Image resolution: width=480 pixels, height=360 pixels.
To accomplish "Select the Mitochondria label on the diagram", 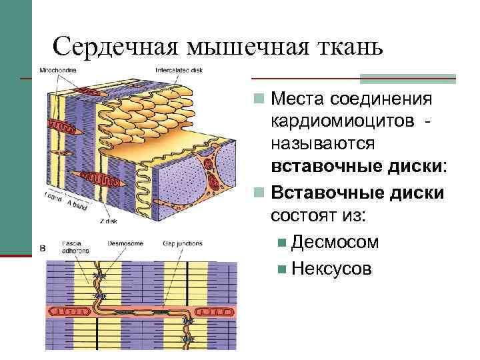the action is tap(58, 69).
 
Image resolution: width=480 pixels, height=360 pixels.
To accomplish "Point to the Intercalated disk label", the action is tap(179, 69).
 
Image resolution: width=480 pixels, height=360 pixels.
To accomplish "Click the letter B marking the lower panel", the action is tap(43, 249).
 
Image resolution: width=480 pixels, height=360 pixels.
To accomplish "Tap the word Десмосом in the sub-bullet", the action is tap(335, 242).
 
